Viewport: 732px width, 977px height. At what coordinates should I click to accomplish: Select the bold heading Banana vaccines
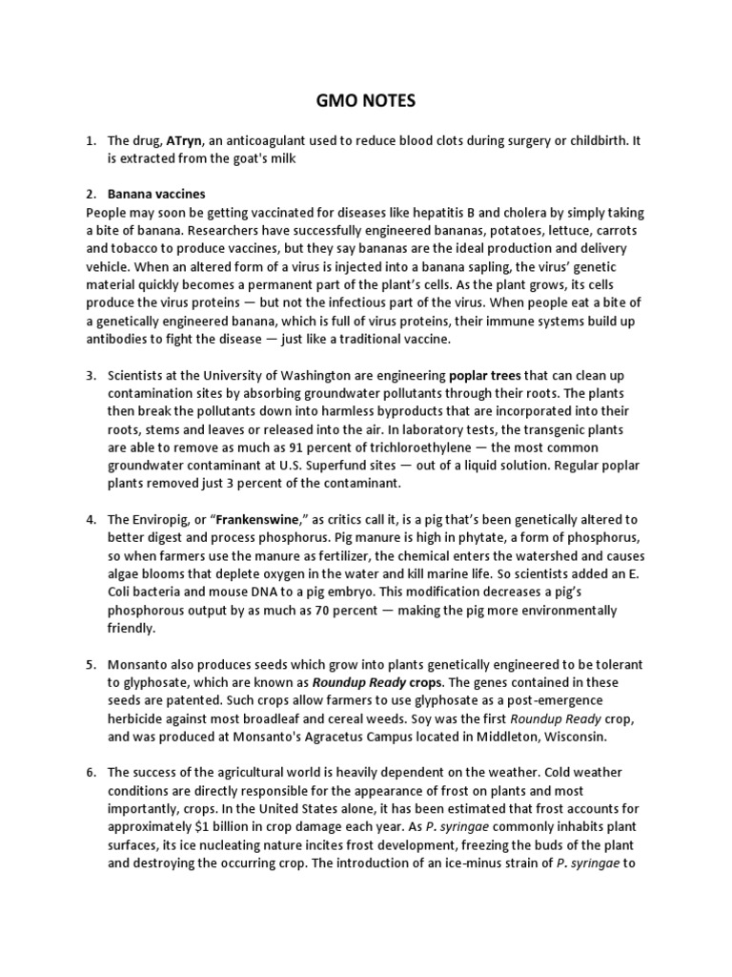156,194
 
